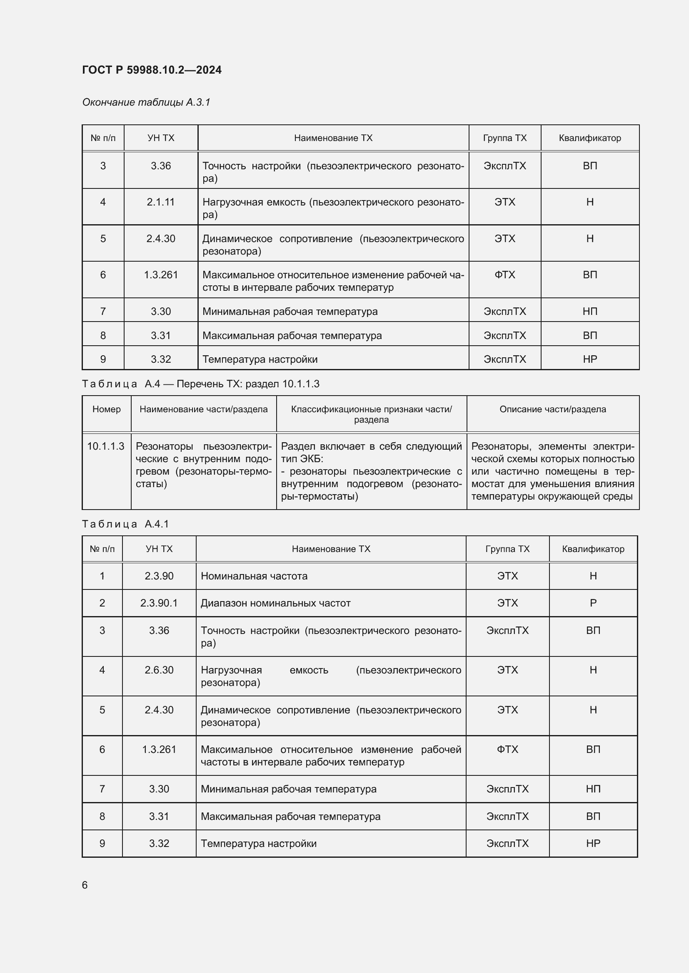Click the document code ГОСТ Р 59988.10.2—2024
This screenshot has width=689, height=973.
coord(152,70)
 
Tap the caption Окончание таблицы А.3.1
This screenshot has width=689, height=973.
coord(146,102)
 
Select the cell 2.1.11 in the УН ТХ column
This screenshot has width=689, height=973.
coord(160,202)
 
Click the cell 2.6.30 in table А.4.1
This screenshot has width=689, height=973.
coord(159,670)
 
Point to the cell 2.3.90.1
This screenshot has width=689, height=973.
coord(159,603)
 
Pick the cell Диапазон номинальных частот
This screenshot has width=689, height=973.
coord(275,603)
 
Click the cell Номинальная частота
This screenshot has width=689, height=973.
coord(254,575)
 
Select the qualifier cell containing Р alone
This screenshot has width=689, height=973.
coord(593,603)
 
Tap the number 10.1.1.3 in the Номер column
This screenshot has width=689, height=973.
coord(106,446)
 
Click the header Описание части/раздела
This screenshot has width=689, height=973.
coord(552,409)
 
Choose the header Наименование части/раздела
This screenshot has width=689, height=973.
coord(203,409)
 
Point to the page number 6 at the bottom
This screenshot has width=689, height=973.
coord(85,885)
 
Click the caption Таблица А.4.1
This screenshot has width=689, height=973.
coord(125,524)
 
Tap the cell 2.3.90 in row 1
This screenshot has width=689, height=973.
coord(159,575)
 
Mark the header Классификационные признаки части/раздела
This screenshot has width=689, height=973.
coord(371,414)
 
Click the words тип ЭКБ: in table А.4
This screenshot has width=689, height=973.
coord(302,458)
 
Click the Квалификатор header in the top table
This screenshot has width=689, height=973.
coord(589,138)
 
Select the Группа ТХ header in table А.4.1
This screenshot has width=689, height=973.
coord(507,549)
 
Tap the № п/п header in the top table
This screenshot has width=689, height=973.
coord(102,138)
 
